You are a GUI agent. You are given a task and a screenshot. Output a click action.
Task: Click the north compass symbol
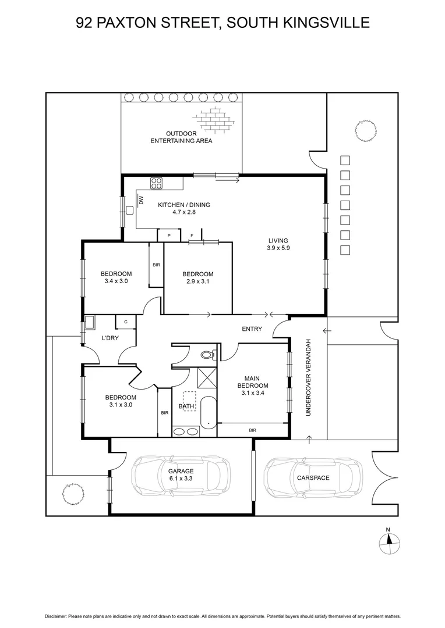pyautogui.click(x=388, y=542)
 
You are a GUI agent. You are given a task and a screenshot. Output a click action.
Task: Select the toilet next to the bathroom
pyautogui.click(x=207, y=354)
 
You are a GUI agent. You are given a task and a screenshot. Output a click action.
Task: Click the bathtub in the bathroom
pyautogui.click(x=208, y=410)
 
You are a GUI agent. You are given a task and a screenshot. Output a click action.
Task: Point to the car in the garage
pyautogui.click(x=181, y=475)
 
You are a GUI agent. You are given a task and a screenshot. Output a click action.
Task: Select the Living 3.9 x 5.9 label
pyautogui.click(x=278, y=244)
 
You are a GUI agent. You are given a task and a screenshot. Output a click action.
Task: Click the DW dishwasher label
pyautogui.click(x=141, y=201)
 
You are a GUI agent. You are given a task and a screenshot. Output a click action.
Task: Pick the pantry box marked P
pyautogui.click(x=169, y=235)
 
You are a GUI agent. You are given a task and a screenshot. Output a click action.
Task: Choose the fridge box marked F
pyautogui.click(x=192, y=235)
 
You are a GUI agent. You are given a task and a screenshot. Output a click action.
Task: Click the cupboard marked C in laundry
pyautogui.click(x=125, y=322)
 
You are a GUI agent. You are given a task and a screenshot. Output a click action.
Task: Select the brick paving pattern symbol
pyautogui.click(x=214, y=119)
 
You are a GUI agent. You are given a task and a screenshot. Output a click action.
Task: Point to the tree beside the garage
pyautogui.click(x=73, y=494)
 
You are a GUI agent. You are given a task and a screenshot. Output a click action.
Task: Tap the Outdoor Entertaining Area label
pyautogui.click(x=181, y=137)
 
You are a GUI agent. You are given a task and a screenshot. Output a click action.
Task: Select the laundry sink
pyautogui.click(x=90, y=322)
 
